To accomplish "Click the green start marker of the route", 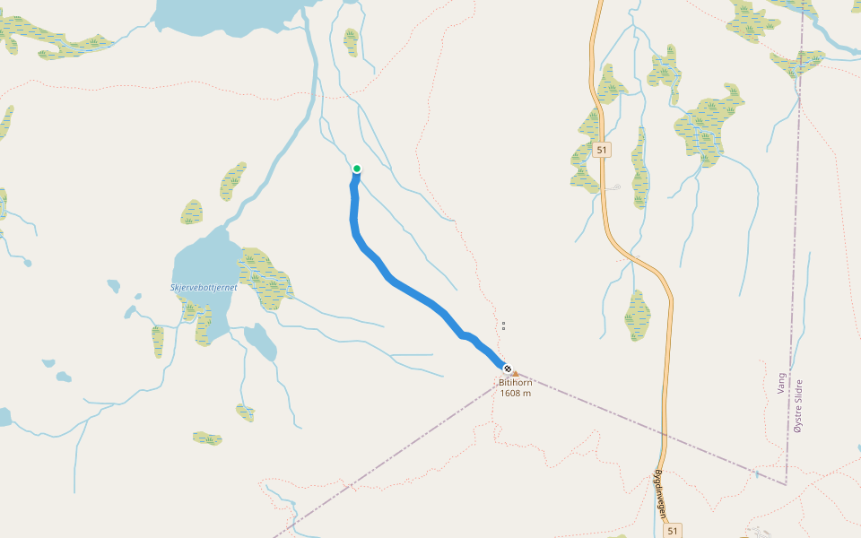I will [x=356, y=169].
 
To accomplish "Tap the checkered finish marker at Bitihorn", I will [x=507, y=369].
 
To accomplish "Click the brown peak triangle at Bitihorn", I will [x=515, y=373].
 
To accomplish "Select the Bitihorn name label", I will [x=515, y=383].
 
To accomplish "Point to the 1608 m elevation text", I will [x=515, y=393].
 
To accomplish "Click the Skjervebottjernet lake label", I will [x=204, y=287].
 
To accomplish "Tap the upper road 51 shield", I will [x=601, y=150].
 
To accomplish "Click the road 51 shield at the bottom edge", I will [x=674, y=530].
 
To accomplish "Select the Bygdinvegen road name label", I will [x=660, y=494].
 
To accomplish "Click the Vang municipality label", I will [x=781, y=383].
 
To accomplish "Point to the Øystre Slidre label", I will [x=798, y=405].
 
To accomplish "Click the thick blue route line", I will [x=413, y=291].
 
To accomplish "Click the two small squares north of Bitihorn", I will [x=503, y=325].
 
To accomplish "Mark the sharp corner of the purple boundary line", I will [x=786, y=483].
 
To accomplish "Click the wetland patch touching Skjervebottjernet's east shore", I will [x=264, y=278].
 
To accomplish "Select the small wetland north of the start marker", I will [x=351, y=41].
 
